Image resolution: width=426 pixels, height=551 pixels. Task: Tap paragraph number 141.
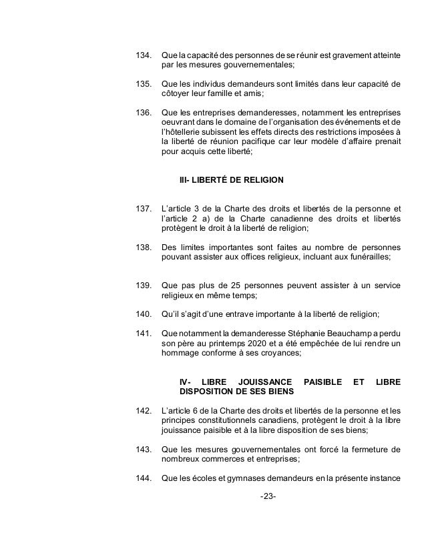[144, 333]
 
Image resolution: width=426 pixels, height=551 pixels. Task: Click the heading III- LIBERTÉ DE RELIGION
[232, 180]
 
